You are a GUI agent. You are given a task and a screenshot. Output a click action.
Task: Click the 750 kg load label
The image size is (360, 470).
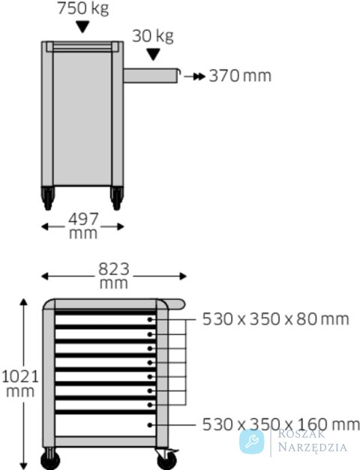(x=83, y=8)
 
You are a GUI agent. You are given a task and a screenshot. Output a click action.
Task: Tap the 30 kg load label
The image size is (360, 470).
(x=153, y=36)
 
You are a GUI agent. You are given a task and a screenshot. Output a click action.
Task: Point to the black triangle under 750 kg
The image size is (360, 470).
(x=82, y=27)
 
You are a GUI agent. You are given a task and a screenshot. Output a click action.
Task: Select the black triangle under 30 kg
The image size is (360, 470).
(x=153, y=55)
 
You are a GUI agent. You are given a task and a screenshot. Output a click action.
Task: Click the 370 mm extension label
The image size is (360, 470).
(x=240, y=76)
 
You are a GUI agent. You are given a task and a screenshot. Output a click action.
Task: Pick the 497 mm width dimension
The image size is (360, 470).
(x=83, y=226)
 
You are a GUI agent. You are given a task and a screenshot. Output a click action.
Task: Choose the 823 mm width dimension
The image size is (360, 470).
(x=114, y=276)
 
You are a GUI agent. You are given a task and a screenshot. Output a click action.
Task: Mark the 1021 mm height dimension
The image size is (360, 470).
(x=21, y=384)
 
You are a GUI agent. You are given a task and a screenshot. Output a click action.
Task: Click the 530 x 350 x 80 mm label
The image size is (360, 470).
(x=276, y=319)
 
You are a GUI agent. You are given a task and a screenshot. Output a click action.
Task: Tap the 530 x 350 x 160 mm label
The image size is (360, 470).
(x=280, y=424)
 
